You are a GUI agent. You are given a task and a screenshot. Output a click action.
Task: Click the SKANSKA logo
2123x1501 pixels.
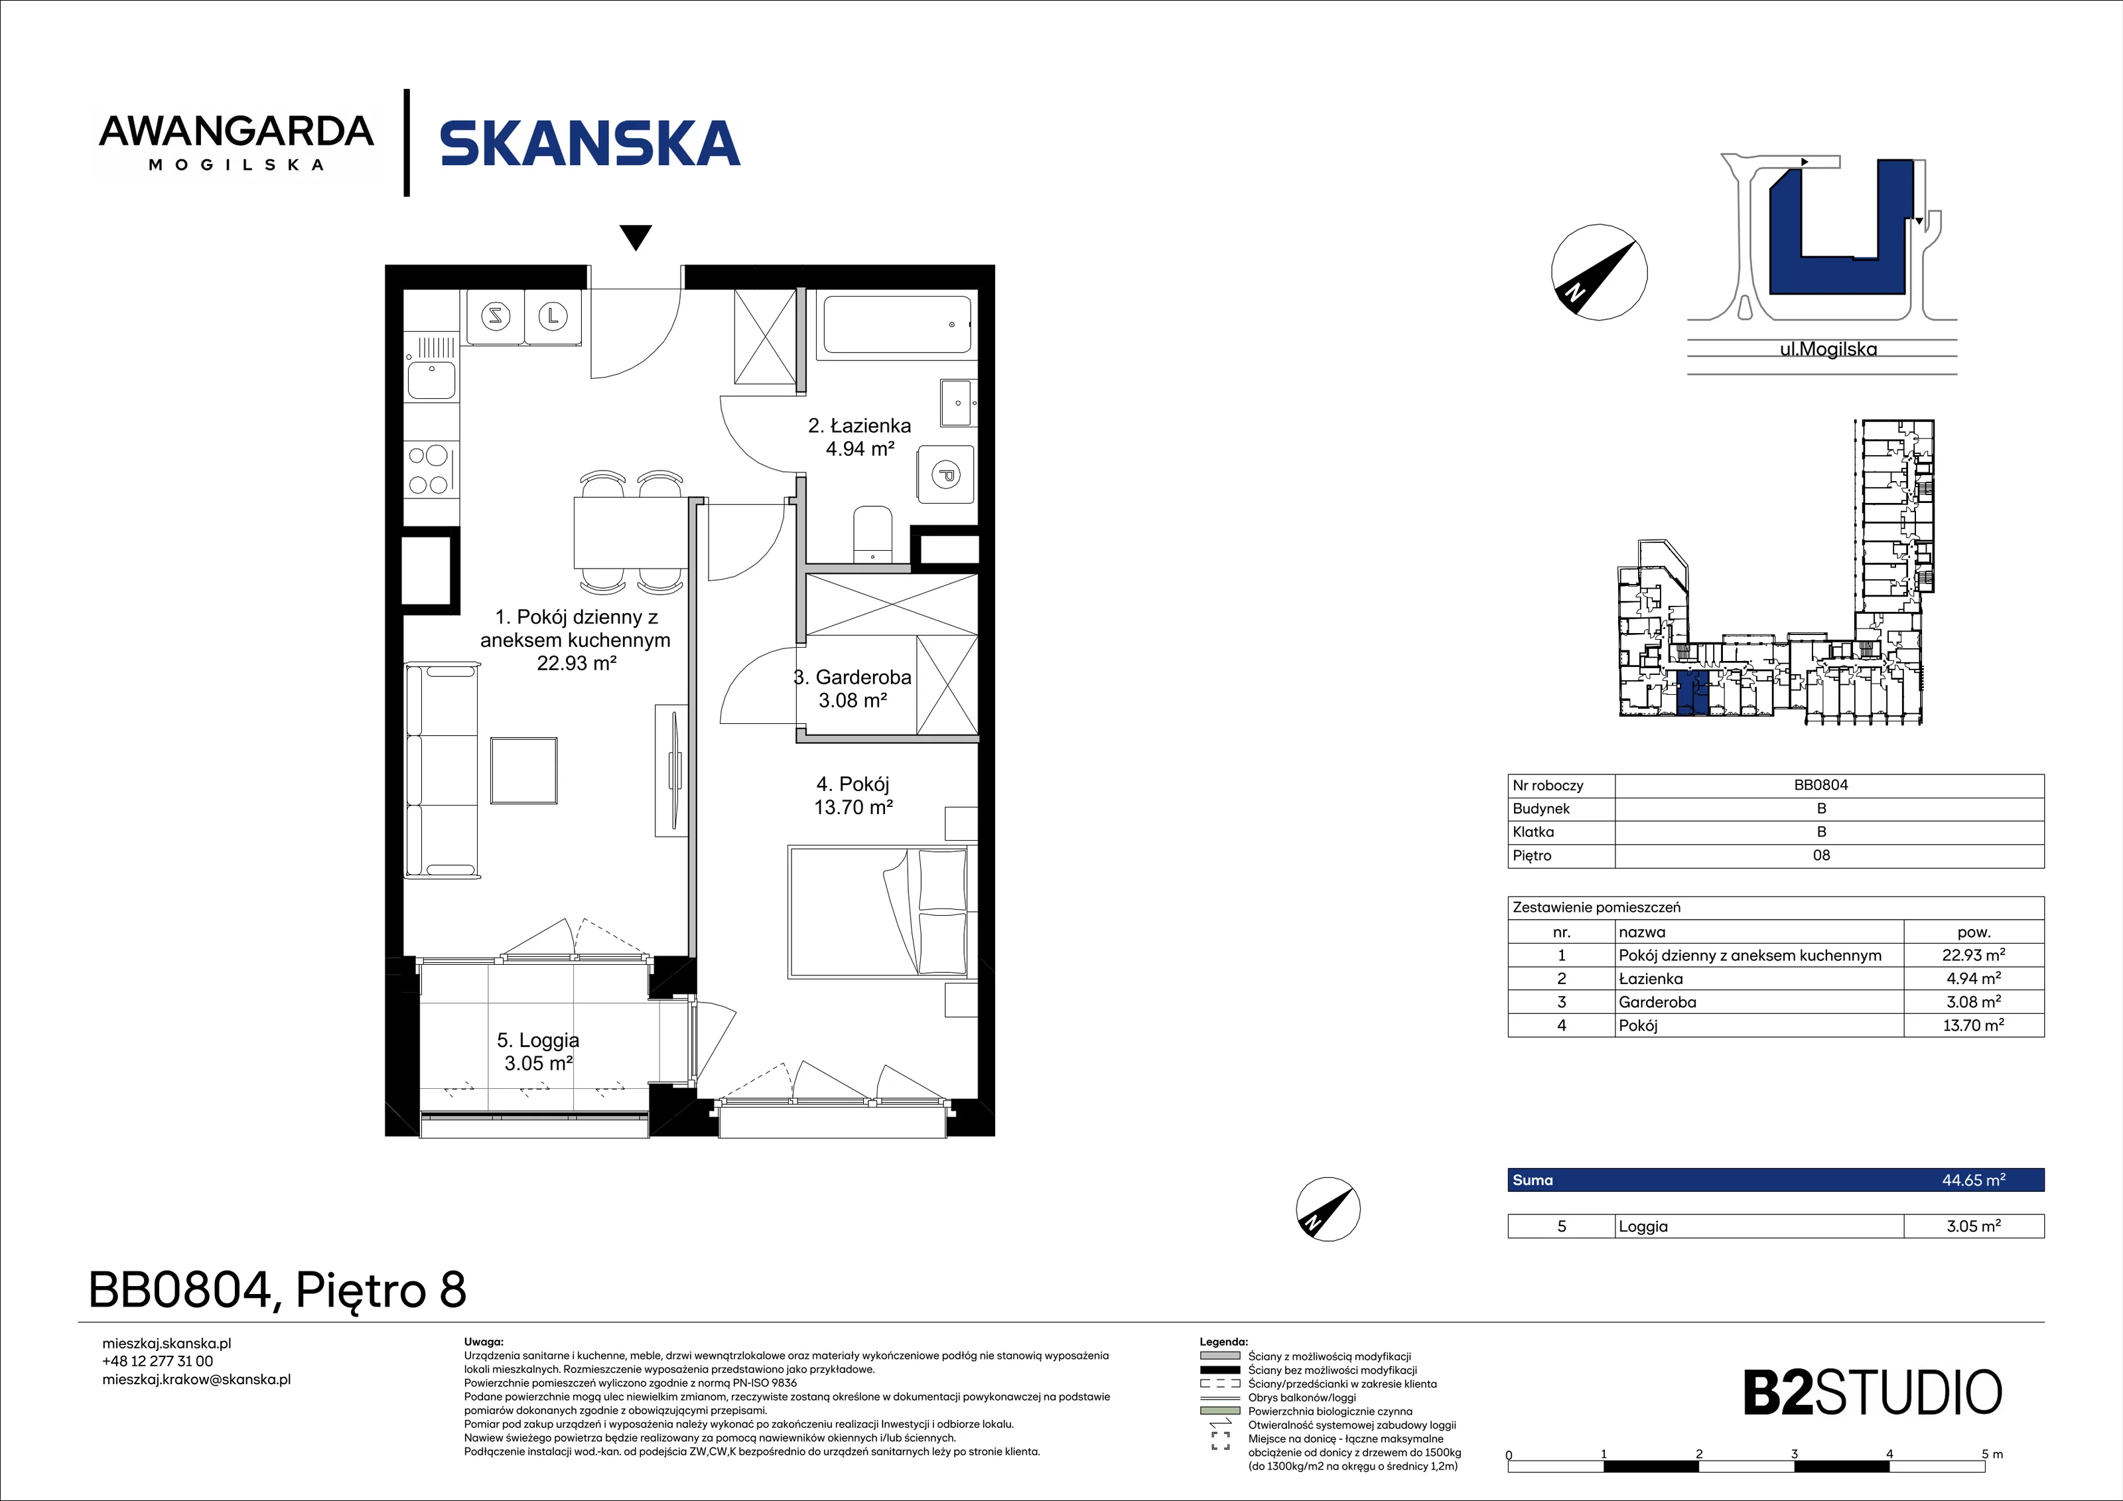coord(590,143)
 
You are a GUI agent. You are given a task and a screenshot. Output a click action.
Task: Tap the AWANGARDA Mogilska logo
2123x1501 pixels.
coord(237,143)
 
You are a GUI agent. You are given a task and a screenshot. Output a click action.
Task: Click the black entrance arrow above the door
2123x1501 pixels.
coord(636,238)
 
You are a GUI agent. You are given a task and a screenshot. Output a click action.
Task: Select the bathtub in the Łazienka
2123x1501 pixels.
coord(897,324)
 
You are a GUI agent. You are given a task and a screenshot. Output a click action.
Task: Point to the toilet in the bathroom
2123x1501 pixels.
coord(872,534)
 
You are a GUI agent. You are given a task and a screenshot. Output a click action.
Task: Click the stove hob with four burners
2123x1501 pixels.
coord(430,470)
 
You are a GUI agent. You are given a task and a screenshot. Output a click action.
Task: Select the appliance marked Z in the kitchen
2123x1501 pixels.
coord(496,317)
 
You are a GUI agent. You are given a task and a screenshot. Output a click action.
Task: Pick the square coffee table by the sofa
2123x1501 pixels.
coord(524,770)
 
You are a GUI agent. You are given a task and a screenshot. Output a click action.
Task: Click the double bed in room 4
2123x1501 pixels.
coord(878,911)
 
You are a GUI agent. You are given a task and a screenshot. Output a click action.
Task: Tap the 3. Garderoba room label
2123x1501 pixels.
coord(853,689)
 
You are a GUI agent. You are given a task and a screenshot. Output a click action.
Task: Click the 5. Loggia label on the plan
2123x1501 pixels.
coord(538,1052)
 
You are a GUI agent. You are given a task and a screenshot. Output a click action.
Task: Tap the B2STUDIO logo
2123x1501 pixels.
coord(1872,1393)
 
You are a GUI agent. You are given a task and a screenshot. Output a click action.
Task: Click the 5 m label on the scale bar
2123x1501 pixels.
coord(1992,1454)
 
